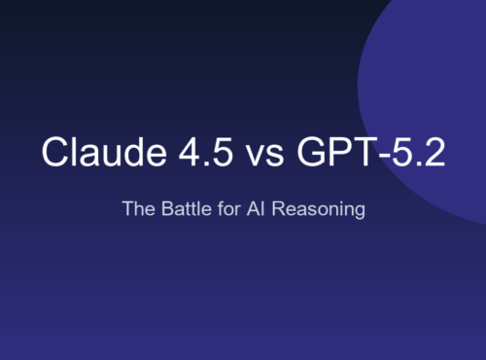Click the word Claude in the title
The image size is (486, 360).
pos(93,155)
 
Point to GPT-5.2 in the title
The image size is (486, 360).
pos(365,155)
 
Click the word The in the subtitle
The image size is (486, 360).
pos(137,208)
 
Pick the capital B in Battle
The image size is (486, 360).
pos(159,208)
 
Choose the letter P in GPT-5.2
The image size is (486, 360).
pos(333,155)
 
